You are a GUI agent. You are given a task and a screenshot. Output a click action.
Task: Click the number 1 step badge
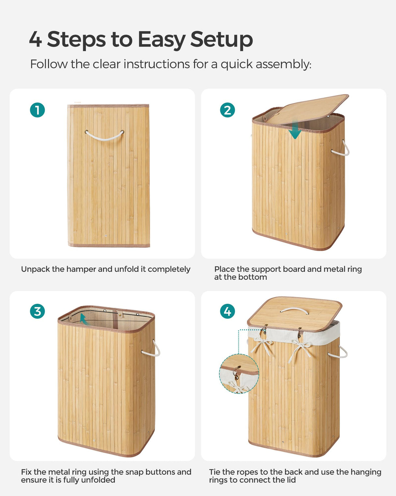pos(37,110)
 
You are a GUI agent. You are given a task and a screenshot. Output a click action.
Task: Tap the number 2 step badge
pos(227,110)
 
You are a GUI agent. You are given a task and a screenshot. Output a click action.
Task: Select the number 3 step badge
pos(37,311)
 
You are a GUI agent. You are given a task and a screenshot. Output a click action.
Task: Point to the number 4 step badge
pos(227,311)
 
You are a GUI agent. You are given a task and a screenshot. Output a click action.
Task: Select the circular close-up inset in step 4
pos(239,374)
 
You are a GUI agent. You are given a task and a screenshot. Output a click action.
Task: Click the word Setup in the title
pos(221,40)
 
